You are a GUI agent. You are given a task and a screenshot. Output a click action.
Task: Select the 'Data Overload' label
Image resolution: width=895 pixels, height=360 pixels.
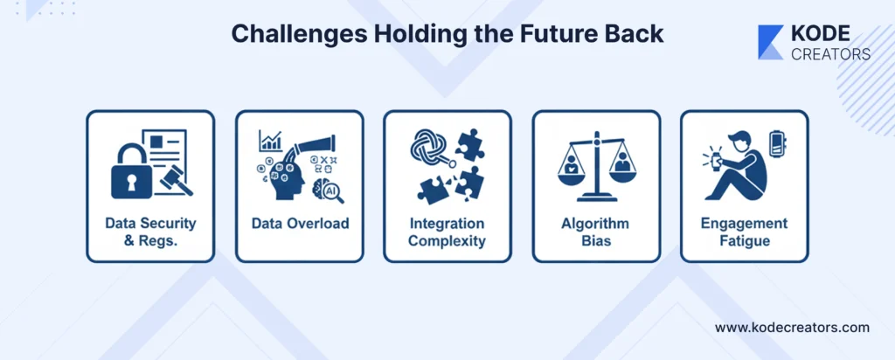tap(300, 223)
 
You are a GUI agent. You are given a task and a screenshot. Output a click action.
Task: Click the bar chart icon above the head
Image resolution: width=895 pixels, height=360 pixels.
tap(271, 141)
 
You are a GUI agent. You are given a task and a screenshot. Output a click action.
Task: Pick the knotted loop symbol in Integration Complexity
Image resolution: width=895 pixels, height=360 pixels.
tap(429, 145)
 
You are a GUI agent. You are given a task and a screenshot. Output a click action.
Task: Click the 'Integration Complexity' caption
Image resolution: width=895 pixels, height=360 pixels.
tap(447, 232)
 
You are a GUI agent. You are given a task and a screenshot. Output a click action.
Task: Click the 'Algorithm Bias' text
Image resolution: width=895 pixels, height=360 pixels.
tap(596, 232)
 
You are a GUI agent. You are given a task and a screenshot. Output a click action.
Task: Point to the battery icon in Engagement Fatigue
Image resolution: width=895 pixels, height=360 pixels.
tap(776, 143)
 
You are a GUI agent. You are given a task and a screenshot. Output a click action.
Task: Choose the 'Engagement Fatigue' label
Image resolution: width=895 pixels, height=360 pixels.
tap(744, 232)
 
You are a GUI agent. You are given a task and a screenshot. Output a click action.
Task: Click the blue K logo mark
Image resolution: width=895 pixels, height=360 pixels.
tap(771, 42)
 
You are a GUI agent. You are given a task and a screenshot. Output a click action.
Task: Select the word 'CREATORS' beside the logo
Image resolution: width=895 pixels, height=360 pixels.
tap(831, 54)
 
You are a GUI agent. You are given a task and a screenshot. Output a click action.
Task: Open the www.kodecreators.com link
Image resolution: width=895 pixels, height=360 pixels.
tap(792, 328)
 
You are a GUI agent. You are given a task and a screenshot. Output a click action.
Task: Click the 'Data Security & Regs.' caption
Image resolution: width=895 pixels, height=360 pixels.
tap(150, 232)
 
